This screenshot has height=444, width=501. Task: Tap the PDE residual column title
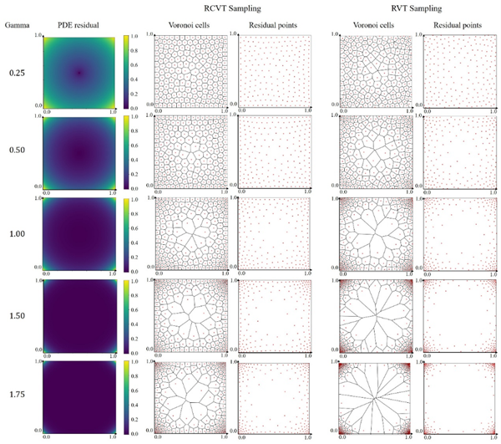(x=78, y=26)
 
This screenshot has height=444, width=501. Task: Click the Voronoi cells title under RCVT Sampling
(x=185, y=26)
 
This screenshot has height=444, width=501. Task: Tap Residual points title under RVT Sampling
(x=460, y=26)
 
